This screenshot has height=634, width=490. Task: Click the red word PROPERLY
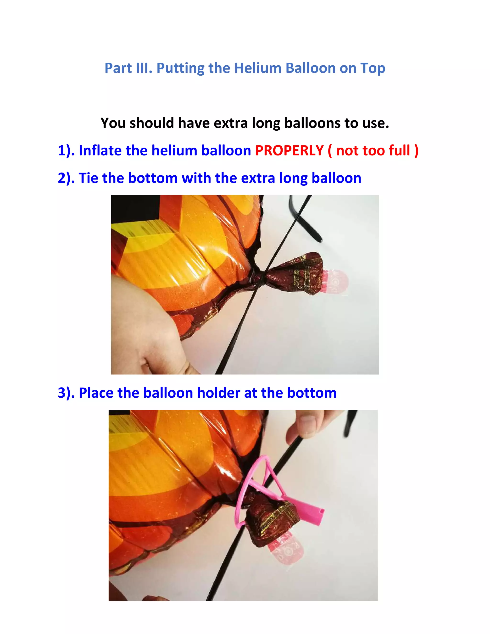[289, 151]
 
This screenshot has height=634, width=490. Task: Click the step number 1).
[66, 151]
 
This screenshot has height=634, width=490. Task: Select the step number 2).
[66, 178]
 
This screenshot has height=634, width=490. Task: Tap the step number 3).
[66, 393]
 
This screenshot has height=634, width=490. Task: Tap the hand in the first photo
[145, 325]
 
